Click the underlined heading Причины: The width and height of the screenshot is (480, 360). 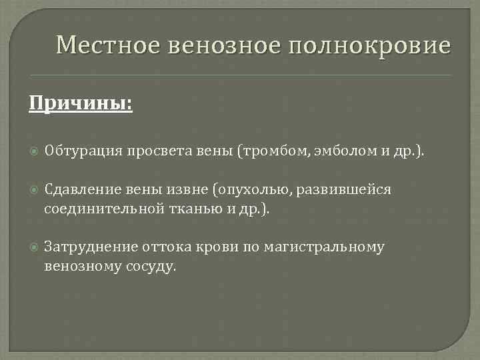(80, 104)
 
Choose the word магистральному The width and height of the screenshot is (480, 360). (324, 247)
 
